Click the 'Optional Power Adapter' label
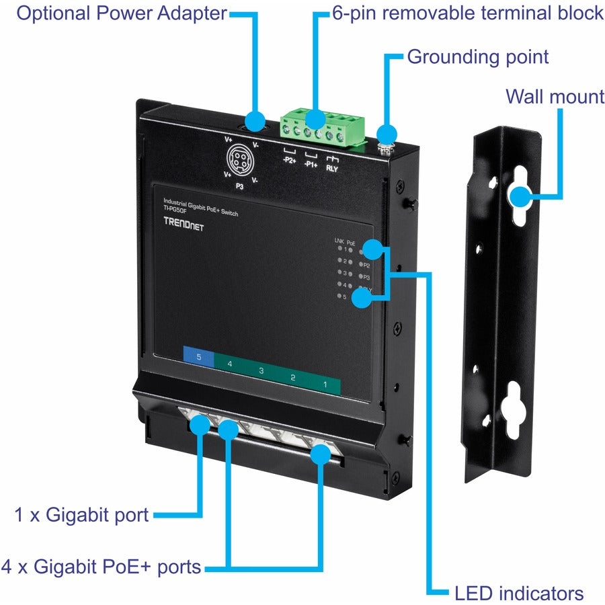(x=122, y=13)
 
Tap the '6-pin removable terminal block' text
(x=468, y=13)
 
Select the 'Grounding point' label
(x=478, y=56)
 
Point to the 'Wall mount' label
(x=555, y=97)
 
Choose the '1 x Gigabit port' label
(x=81, y=516)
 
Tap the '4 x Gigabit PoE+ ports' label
(x=102, y=567)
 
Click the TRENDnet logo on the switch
(x=183, y=227)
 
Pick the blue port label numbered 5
(x=198, y=358)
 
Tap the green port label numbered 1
(x=325, y=386)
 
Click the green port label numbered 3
(x=261, y=371)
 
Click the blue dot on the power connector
(x=254, y=121)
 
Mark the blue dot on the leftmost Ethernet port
(x=199, y=424)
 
